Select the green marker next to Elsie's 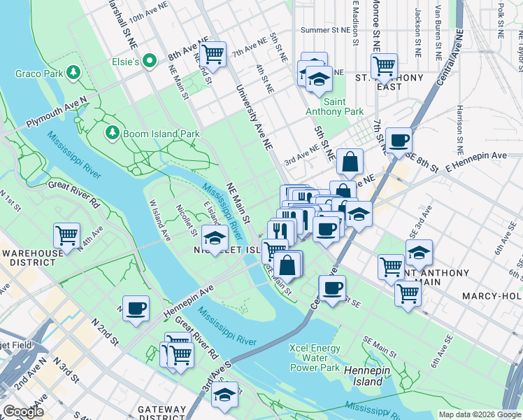point(149,62)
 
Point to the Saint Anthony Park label point(334,106)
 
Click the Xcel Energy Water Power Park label point(315,358)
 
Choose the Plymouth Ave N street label point(57,113)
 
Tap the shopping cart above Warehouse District point(66,235)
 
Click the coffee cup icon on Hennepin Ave point(136,307)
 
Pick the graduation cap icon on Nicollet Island point(215,237)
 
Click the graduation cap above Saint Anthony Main point(418,252)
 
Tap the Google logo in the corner point(23,412)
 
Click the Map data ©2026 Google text point(480,414)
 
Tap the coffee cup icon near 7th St point(398,140)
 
